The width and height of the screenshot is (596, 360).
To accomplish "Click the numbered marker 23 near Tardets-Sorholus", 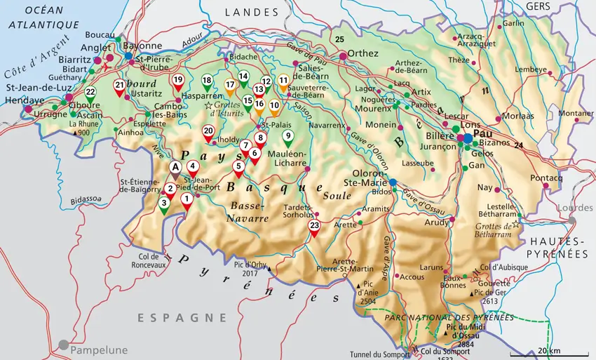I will (x=314, y=227).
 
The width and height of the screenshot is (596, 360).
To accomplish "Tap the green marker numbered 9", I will (x=287, y=136).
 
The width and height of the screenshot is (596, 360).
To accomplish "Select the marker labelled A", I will (x=175, y=167).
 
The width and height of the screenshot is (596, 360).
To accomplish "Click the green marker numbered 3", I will (x=163, y=205).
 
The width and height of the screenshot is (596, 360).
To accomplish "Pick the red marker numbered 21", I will (x=119, y=86).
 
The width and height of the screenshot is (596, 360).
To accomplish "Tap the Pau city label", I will (x=484, y=133).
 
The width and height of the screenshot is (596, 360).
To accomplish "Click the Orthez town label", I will (x=363, y=53).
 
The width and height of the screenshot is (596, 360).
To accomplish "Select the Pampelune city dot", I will (x=65, y=345).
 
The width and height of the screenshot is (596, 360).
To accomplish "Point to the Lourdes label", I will (x=574, y=208).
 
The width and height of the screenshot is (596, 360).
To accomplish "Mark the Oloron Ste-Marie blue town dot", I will (x=393, y=182).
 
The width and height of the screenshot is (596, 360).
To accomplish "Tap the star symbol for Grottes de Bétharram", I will (x=517, y=224).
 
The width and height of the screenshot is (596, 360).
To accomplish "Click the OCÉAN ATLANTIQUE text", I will (x=43, y=18).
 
